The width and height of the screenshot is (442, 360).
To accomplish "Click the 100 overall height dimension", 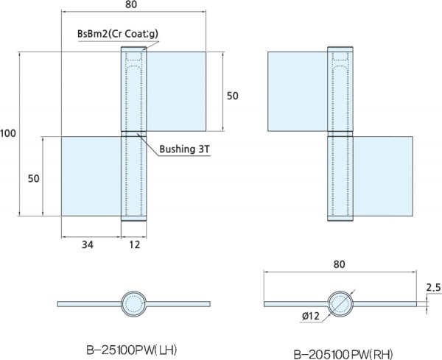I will [x=9, y=133].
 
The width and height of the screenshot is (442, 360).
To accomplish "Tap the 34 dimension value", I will [x=88, y=244].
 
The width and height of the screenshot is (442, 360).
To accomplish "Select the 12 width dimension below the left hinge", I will [x=134, y=244].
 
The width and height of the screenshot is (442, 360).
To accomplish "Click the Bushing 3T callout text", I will [x=185, y=149].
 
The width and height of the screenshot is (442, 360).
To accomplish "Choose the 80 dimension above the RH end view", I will [x=340, y=263].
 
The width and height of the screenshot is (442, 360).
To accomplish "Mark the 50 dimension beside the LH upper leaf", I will [x=232, y=96].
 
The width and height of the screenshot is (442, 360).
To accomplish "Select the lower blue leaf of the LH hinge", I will [x=90, y=175].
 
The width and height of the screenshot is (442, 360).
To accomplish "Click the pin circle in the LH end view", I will [x=135, y=303].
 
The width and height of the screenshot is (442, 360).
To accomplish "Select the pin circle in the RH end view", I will [x=340, y=303].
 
